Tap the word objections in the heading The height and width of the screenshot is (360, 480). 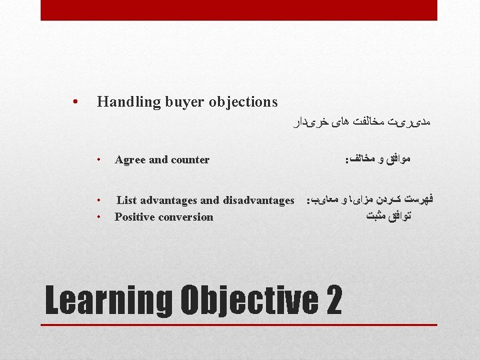tap(243, 102)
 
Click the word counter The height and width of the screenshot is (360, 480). tap(190, 160)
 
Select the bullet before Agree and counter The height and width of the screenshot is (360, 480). tap(97, 160)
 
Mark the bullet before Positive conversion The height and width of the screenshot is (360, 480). tap(97, 217)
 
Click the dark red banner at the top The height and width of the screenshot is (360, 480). tap(239, 10)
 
